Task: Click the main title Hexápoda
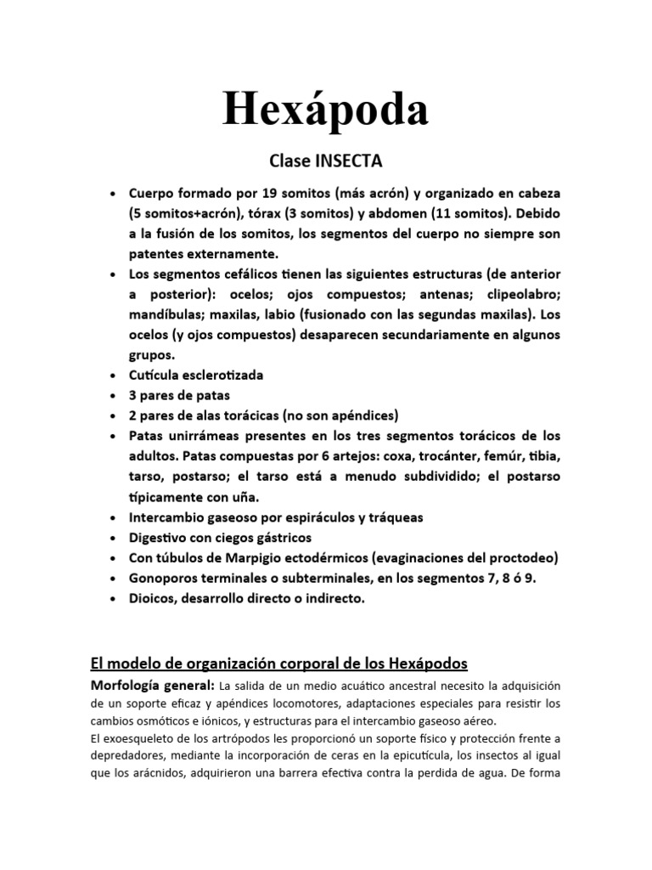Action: [326, 108]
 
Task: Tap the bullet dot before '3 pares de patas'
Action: [113, 395]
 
